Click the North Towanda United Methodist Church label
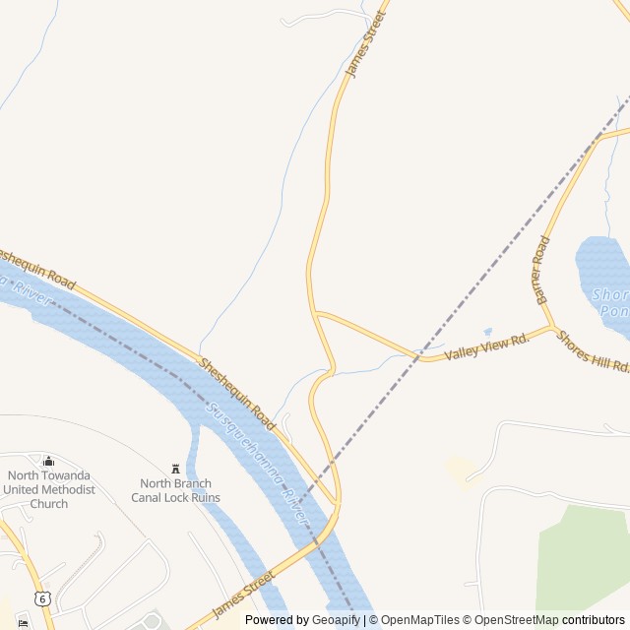point(48,489)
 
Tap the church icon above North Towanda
point(48,461)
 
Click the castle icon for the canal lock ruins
point(176,468)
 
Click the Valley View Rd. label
point(486,346)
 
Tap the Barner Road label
point(541,269)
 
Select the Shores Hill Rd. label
point(593,350)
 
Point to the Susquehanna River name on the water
point(258,462)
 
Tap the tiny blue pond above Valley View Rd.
point(486,333)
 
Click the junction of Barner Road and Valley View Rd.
point(551,326)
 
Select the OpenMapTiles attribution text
point(420,620)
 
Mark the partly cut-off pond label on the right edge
point(610,302)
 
